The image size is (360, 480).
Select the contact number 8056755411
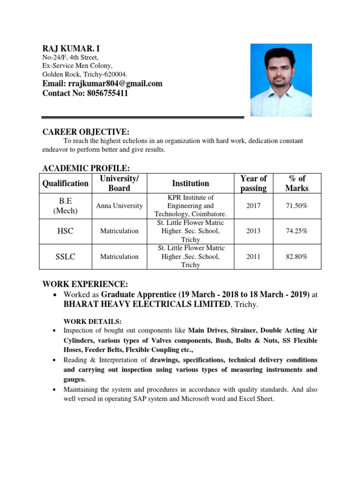click(x=85, y=93)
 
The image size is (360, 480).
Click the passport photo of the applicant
click(x=281, y=80)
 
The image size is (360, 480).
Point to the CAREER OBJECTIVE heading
click(x=86, y=132)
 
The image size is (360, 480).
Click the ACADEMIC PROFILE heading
click(x=86, y=168)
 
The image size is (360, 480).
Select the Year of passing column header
click(x=253, y=183)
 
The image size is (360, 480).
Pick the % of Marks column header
click(x=298, y=183)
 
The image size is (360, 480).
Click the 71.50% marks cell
click(x=298, y=206)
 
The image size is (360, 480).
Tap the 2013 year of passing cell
click(x=253, y=231)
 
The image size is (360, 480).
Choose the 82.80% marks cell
click(x=298, y=256)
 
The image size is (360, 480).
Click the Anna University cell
click(x=119, y=206)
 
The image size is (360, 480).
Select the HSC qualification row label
click(x=65, y=231)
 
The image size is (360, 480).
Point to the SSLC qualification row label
click(x=65, y=256)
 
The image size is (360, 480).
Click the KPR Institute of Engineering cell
click(x=190, y=206)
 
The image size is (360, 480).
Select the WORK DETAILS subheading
click(x=92, y=321)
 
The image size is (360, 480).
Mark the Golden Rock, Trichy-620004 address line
click(x=84, y=74)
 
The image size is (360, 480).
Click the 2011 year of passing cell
click(x=253, y=256)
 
